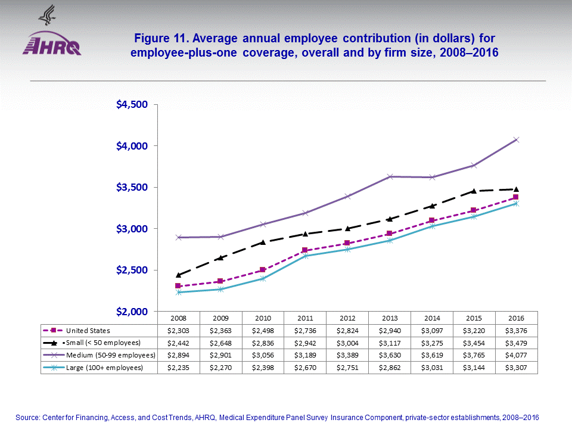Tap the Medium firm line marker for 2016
click(x=517, y=140)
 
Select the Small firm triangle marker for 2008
click(x=178, y=275)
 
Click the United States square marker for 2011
click(x=304, y=250)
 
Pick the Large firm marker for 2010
click(x=262, y=278)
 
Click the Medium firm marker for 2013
click(x=389, y=176)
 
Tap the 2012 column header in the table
click(x=347, y=319)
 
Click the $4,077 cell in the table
click(x=516, y=355)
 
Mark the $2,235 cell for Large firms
click(x=178, y=368)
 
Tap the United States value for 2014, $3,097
click(x=431, y=330)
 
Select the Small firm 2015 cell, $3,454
click(x=474, y=343)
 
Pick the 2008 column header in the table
click(x=178, y=319)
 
